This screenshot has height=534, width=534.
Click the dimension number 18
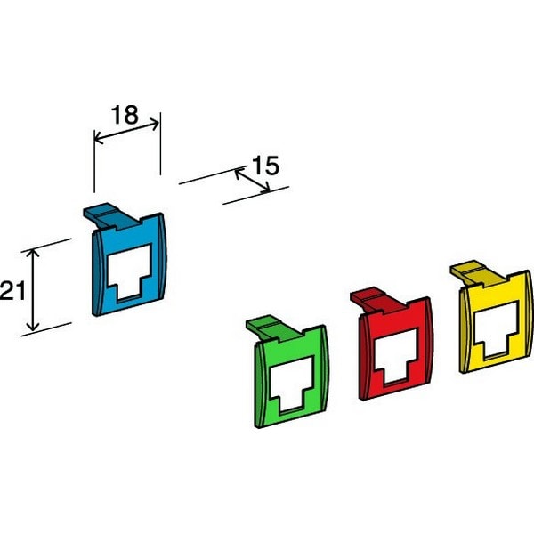125,115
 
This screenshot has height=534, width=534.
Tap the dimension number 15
265,166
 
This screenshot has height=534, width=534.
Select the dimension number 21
13,290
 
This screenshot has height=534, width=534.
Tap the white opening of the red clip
396,356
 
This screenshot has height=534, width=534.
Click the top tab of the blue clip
110,216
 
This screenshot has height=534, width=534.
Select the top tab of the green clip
273,328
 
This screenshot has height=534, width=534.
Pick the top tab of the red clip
377,301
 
